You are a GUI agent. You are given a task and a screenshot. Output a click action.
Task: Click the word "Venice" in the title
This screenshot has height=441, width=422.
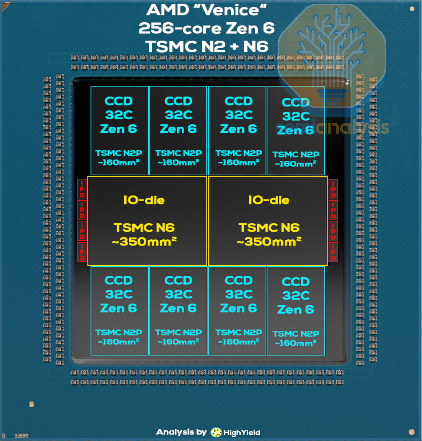230,10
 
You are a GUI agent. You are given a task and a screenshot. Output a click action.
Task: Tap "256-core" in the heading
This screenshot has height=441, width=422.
180,28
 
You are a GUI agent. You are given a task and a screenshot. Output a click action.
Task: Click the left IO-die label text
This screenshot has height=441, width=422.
144,200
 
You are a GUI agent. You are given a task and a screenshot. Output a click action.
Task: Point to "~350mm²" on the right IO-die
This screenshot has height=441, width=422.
269,241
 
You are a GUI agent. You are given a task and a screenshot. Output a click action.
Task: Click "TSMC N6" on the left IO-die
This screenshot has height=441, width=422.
144,228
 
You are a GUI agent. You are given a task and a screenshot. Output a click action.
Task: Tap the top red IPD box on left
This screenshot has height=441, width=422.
82,189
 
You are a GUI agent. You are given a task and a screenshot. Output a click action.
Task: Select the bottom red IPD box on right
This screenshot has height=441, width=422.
333,252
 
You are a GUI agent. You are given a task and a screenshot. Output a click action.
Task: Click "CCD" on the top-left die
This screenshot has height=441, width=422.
119,101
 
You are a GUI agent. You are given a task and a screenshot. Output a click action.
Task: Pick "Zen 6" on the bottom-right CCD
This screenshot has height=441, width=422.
295,310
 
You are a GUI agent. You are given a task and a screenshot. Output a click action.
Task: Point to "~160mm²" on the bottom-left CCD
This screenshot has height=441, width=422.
119,342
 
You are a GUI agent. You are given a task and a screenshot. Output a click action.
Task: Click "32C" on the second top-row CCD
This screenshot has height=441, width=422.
178,115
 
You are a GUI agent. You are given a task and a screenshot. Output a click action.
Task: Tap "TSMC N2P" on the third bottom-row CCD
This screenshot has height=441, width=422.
239,332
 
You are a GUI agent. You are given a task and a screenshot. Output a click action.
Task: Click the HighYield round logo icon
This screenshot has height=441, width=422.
216,432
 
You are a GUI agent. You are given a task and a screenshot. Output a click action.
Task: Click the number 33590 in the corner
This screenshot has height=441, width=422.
21,436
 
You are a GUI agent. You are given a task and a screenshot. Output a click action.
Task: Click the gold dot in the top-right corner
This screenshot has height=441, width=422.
412,9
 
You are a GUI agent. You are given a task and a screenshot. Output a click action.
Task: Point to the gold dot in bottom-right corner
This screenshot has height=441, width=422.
412,432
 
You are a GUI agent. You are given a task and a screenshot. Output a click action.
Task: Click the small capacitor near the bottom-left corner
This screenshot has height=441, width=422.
32,404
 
